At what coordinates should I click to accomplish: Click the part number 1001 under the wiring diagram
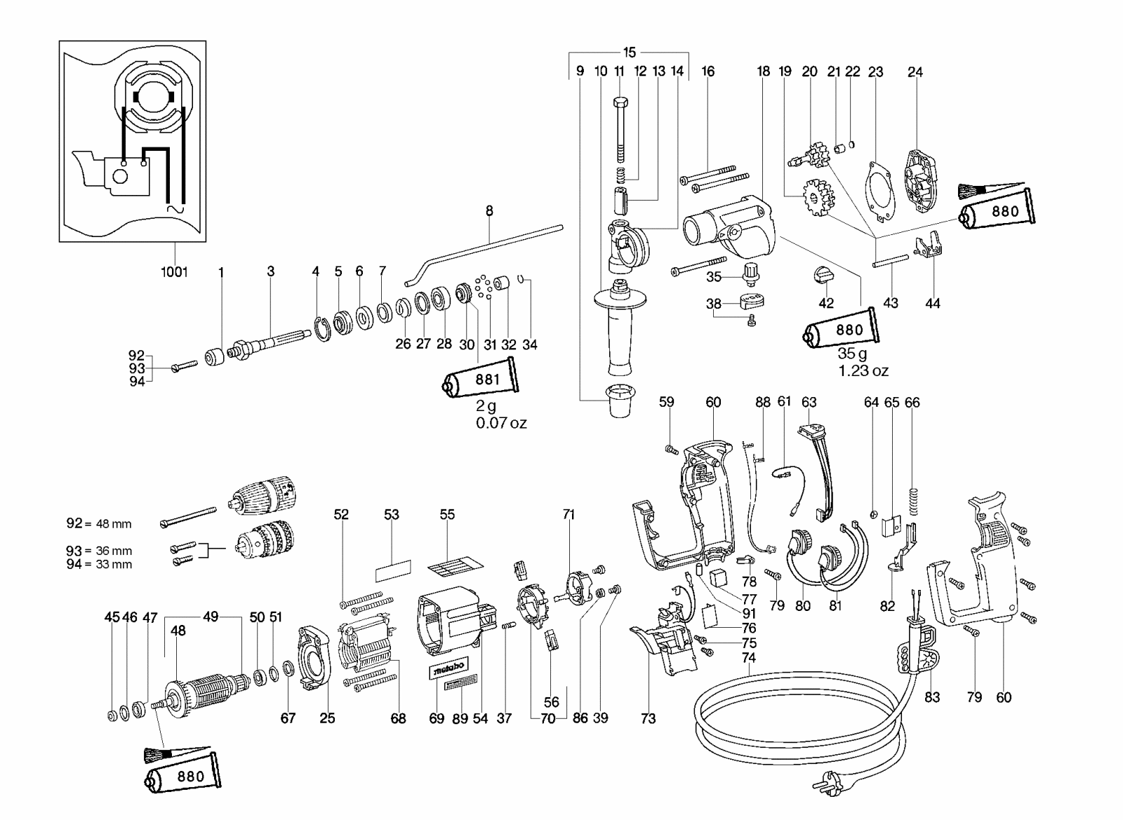coord(174,272)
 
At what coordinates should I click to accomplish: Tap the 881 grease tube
coord(480,378)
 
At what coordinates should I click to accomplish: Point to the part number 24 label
coord(915,72)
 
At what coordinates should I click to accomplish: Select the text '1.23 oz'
coord(863,370)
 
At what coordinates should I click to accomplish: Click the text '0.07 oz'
coord(501,423)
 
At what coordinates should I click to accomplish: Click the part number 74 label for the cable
coord(748,657)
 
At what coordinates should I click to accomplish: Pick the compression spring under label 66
coord(912,500)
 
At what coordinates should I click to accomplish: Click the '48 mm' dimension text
coord(114,524)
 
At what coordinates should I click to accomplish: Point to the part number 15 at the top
coord(629,52)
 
